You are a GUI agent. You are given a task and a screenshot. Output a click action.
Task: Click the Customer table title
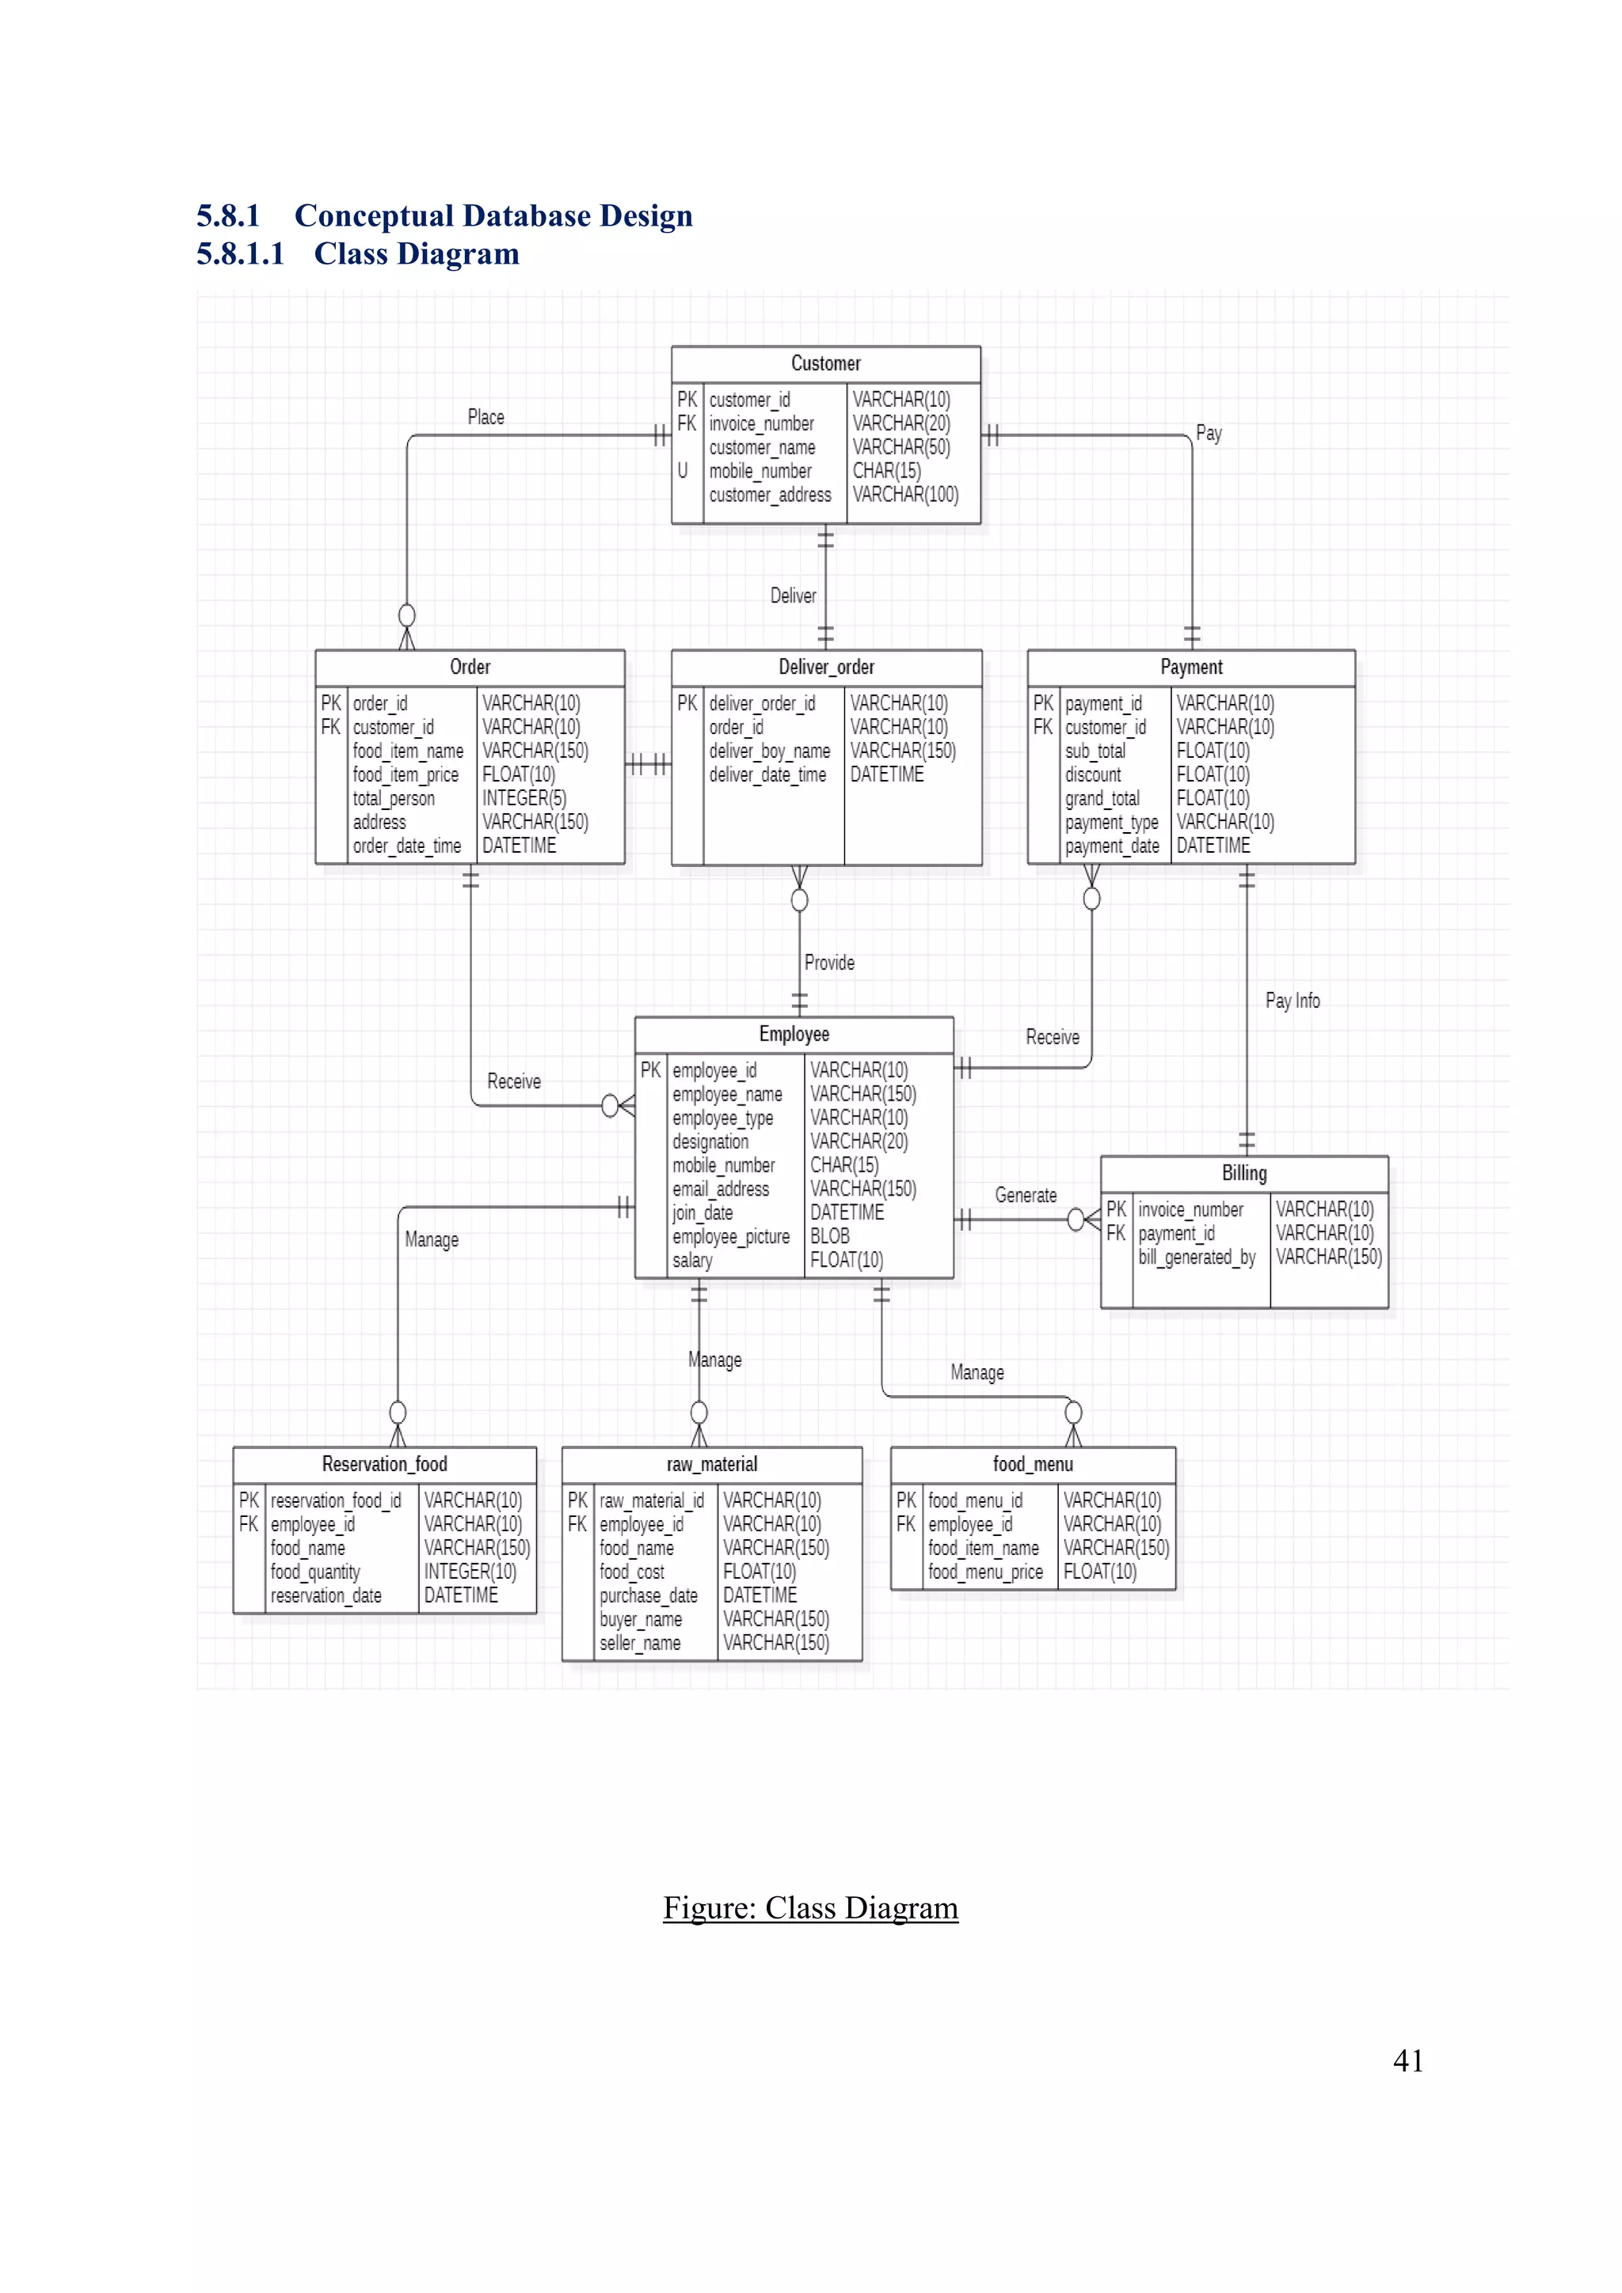tap(825, 363)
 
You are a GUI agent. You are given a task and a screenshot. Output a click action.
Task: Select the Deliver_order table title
tap(826, 667)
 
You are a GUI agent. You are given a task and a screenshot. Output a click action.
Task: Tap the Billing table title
tap(1243, 1173)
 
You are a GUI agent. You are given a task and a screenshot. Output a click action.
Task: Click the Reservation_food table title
tap(385, 1464)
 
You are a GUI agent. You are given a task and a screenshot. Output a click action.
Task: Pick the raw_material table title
tap(711, 1464)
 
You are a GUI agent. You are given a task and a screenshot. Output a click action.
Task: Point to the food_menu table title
tap(1033, 1464)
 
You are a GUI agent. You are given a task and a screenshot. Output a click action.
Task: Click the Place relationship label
tap(485, 417)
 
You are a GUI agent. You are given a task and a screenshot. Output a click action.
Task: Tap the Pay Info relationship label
tap(1293, 1001)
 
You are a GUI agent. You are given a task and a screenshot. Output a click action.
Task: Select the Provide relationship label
tap(829, 963)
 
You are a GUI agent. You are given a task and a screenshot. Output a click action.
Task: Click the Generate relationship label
tap(1025, 1196)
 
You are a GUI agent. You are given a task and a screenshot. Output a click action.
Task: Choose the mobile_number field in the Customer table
tap(760, 471)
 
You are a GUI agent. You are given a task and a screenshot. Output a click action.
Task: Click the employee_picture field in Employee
tap(730, 1237)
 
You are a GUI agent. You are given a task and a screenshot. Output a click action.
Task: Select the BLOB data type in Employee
tap(829, 1237)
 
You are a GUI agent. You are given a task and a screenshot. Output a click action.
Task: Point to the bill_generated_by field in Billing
tap(1197, 1257)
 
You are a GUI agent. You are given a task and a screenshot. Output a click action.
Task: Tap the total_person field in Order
tap(394, 799)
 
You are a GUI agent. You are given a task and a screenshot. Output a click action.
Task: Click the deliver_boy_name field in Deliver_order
tap(769, 751)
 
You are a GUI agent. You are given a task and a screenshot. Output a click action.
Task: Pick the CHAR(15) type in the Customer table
tap(886, 471)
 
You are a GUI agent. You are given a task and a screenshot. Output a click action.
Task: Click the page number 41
tap(1407, 2060)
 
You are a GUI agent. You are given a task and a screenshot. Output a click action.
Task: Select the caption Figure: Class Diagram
tap(810, 1907)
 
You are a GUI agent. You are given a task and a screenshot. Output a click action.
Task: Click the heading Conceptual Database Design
tap(493, 215)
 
